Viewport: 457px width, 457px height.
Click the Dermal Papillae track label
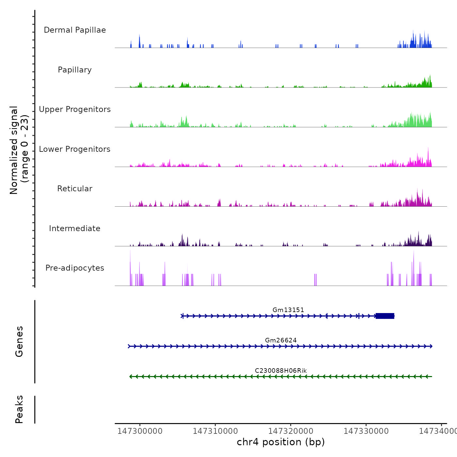tap(75, 30)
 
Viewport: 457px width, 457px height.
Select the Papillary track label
tap(75, 70)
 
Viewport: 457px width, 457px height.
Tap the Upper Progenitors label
tap(75, 109)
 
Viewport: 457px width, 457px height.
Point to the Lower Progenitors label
tap(75, 149)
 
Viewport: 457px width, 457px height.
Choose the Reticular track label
tap(75, 189)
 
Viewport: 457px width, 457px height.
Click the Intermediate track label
tap(75, 228)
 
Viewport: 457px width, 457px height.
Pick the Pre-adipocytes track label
tap(75, 268)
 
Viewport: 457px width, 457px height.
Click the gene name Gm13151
tap(288, 310)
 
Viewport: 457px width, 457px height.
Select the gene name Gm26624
tap(281, 340)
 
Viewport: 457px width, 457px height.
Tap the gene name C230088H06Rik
tap(281, 370)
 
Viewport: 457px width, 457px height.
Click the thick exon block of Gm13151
tap(385, 316)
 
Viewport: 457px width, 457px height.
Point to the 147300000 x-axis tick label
tap(140, 431)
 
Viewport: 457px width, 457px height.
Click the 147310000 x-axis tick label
tap(215, 431)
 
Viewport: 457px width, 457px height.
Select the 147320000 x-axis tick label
tap(291, 431)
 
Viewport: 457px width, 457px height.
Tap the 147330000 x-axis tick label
tap(366, 431)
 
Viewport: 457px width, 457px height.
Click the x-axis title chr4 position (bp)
tap(281, 442)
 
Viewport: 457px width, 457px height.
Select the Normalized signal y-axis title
tap(19, 150)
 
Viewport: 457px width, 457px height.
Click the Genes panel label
tap(19, 341)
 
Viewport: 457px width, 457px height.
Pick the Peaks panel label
tap(19, 409)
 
